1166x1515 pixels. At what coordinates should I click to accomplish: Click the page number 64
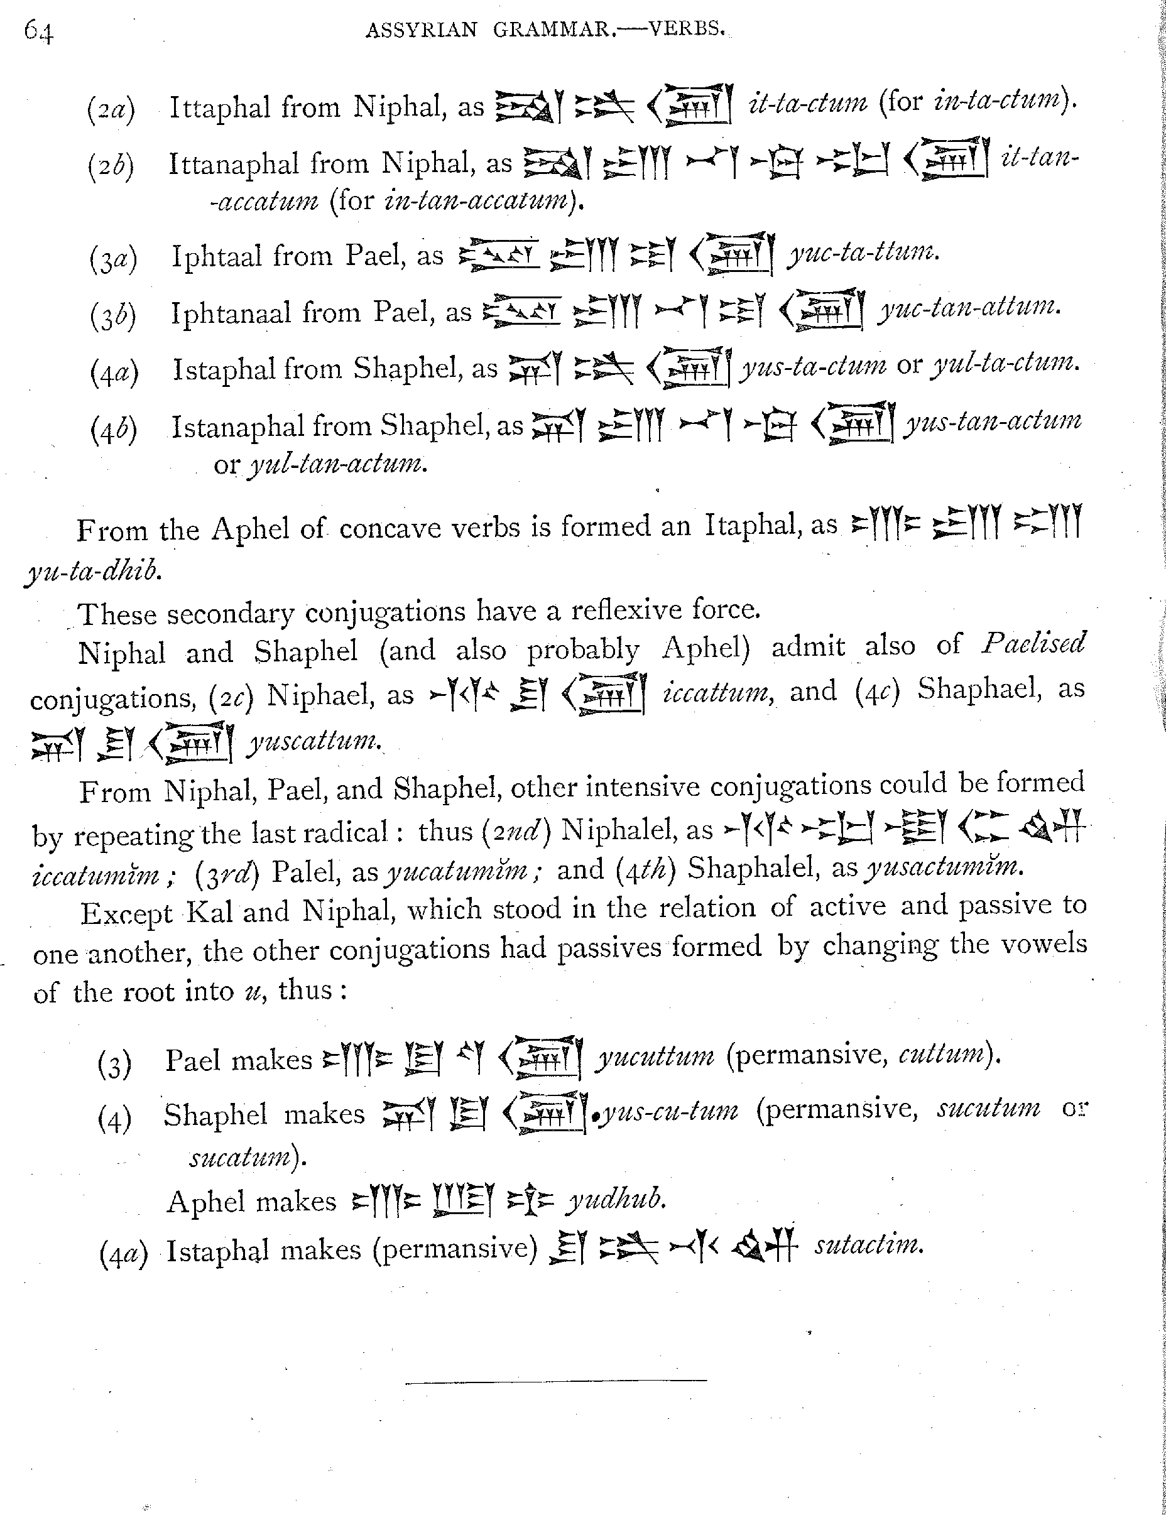(x=38, y=31)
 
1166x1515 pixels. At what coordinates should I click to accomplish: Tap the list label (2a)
(x=111, y=109)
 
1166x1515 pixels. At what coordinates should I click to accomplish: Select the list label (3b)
(x=113, y=315)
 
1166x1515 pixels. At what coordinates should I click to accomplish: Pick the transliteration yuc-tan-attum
(x=970, y=307)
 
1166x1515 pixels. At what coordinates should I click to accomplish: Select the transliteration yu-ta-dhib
(x=93, y=570)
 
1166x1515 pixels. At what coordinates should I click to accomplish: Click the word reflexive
(x=626, y=611)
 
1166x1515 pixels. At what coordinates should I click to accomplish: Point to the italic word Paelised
(x=1033, y=644)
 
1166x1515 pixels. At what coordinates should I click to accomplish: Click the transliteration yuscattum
(x=314, y=742)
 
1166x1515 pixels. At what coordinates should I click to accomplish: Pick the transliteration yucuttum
(x=656, y=1056)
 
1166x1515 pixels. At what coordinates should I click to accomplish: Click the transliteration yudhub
(x=615, y=1198)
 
